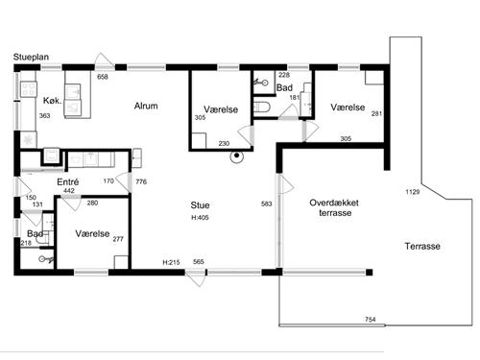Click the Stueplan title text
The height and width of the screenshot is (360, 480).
[31, 57]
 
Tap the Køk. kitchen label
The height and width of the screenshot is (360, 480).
[52, 101]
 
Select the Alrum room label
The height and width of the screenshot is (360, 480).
[146, 106]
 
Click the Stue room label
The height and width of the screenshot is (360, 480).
[200, 205]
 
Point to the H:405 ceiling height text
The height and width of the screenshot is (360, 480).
[200, 218]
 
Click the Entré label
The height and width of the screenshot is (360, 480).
[68, 181]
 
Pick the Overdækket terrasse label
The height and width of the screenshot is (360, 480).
[334, 207]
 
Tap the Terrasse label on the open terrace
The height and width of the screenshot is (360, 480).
[422, 246]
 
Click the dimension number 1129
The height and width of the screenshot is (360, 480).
[413, 192]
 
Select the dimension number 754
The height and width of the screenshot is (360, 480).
[371, 320]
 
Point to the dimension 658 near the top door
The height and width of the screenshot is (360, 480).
[103, 77]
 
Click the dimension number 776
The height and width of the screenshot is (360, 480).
[141, 181]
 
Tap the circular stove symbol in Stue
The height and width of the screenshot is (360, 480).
[237, 156]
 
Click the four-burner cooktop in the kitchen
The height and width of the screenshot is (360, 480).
[28, 89]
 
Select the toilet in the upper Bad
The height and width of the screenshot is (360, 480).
[262, 107]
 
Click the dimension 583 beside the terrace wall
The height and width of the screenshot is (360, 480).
[266, 204]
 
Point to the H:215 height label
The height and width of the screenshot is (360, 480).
[171, 262]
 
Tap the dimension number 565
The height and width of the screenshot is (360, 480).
[199, 262]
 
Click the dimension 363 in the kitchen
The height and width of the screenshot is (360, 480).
[44, 115]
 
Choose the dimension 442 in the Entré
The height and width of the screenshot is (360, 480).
[69, 191]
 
